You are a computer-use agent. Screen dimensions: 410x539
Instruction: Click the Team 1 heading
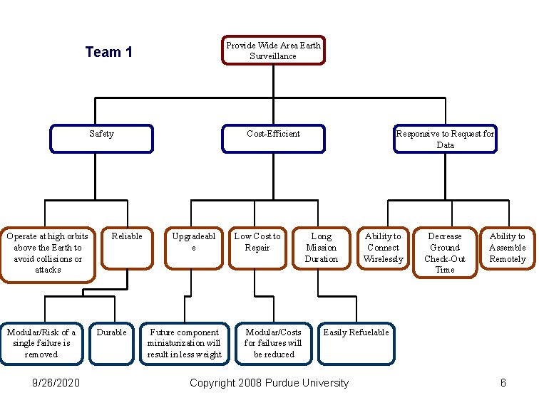pyautogui.click(x=108, y=52)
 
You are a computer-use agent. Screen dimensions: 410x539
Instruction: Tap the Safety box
pyautogui.click(x=101, y=139)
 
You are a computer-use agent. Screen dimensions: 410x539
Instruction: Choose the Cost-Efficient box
pyautogui.click(x=273, y=139)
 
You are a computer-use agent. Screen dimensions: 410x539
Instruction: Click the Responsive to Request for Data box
pyautogui.click(x=445, y=139)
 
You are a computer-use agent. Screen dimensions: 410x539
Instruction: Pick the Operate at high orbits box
pyautogui.click(x=48, y=254)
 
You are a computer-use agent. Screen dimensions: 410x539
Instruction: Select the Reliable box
pyautogui.click(x=128, y=248)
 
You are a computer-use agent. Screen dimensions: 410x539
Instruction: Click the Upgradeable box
pyautogui.click(x=193, y=248)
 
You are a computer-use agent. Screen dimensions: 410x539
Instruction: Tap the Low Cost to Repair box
pyautogui.click(x=257, y=248)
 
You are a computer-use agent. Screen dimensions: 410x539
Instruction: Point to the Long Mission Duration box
pyautogui.click(x=321, y=248)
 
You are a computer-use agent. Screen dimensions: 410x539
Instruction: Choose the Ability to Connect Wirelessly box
pyautogui.click(x=383, y=248)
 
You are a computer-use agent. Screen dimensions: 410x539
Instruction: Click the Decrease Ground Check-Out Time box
pyautogui.click(x=444, y=253)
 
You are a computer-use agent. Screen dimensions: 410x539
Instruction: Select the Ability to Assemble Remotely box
pyautogui.click(x=507, y=248)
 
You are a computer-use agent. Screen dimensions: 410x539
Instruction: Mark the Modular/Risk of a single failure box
pyautogui.click(x=41, y=344)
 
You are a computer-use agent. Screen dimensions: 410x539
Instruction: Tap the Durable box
pyautogui.click(x=112, y=344)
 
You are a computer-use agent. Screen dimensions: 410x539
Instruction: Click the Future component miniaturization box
pyautogui.click(x=184, y=344)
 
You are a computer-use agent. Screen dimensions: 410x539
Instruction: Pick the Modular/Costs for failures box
pyautogui.click(x=273, y=344)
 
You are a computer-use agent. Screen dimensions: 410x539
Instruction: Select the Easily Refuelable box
pyautogui.click(x=356, y=344)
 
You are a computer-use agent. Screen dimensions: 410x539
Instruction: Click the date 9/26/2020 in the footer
pyautogui.click(x=56, y=383)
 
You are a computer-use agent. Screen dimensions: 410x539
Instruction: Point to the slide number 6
pyautogui.click(x=503, y=383)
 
